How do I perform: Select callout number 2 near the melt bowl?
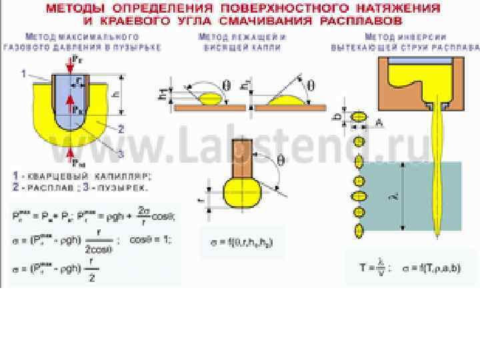[x=121, y=129]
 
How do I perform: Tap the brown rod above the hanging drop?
[x=239, y=158]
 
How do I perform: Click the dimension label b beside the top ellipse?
[x=339, y=115]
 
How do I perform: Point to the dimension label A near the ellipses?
[x=379, y=122]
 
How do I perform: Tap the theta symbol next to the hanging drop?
[x=280, y=160]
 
